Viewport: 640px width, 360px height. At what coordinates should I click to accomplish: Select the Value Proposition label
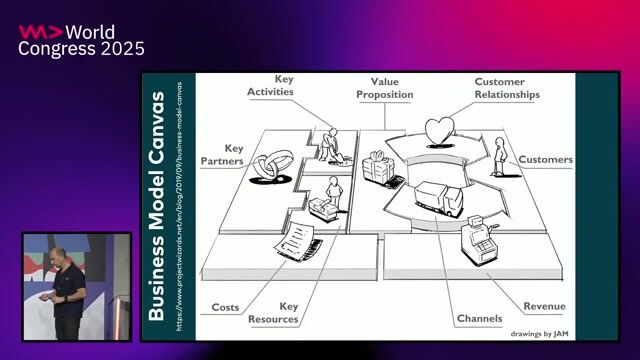385,87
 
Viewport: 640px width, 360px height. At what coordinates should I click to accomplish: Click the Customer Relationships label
507,88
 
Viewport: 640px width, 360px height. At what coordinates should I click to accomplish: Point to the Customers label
545,159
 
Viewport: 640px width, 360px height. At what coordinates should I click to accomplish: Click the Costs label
225,307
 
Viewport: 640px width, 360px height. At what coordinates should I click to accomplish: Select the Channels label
480,318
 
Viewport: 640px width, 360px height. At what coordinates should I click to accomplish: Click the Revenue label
544,306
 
